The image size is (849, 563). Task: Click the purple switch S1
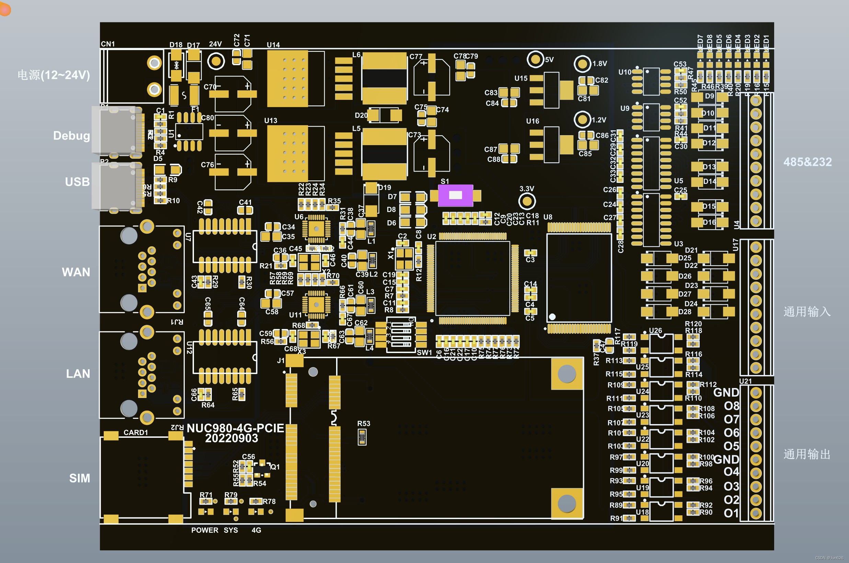(455, 195)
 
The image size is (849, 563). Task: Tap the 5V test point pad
(535, 59)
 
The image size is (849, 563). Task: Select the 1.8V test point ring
(582, 64)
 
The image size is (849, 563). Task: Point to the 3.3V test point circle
(527, 201)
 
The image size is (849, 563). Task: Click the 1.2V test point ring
(582, 120)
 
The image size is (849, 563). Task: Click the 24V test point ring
(216, 61)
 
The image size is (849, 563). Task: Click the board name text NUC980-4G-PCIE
(235, 428)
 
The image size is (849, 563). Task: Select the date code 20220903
(231, 438)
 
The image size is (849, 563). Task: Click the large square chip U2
(472, 279)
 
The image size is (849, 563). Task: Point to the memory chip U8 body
(578, 278)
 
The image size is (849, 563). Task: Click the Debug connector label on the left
(71, 136)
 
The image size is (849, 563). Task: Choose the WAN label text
(76, 272)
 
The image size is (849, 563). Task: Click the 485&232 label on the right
(807, 162)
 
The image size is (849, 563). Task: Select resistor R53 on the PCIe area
(362, 437)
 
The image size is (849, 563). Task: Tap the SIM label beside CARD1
(79, 478)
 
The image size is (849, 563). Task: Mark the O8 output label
(731, 406)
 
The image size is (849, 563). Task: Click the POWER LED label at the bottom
(204, 530)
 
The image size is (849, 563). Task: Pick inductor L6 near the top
(384, 78)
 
